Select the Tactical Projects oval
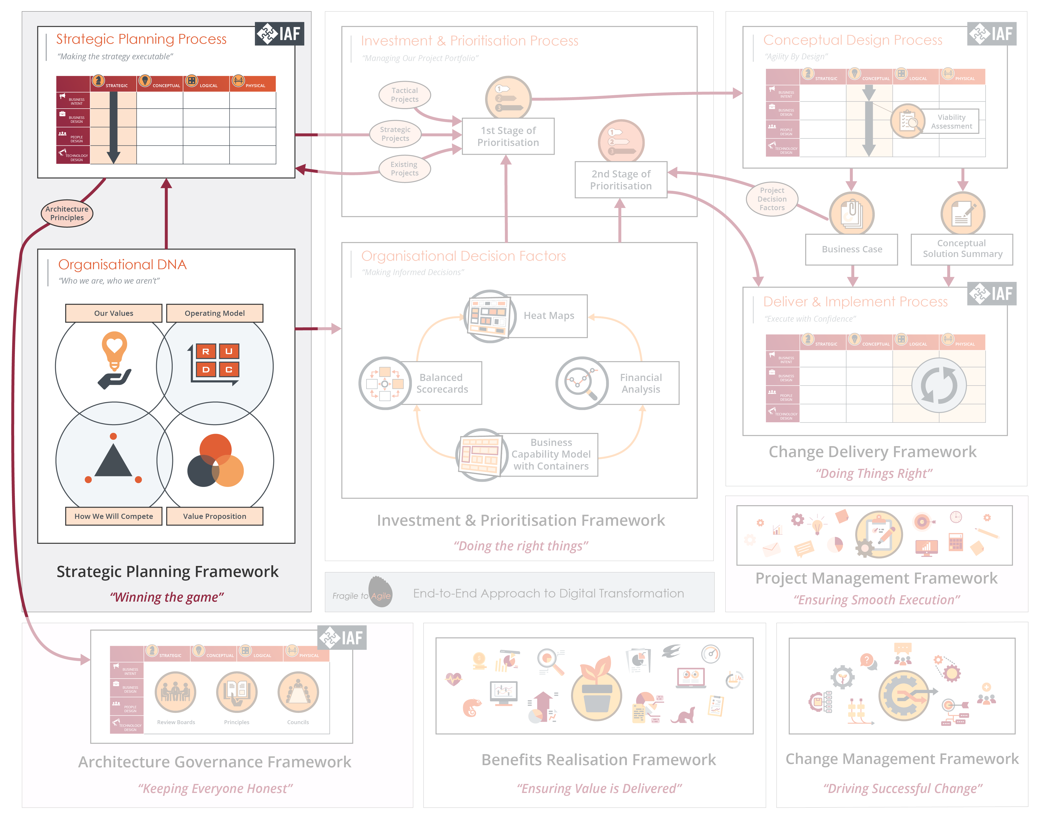tap(404, 95)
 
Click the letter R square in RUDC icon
tap(205, 351)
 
